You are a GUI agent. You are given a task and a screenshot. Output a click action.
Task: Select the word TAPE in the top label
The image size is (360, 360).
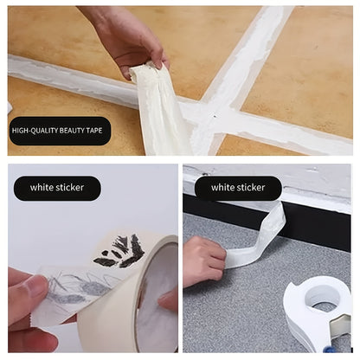point(95,131)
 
